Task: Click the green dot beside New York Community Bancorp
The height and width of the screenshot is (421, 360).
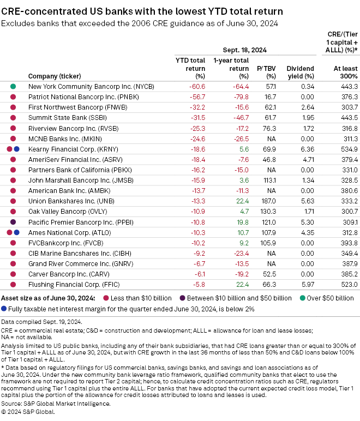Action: (13, 86)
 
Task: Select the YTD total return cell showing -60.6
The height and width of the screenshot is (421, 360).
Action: (196, 86)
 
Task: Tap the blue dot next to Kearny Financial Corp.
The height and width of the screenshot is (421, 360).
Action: (16, 149)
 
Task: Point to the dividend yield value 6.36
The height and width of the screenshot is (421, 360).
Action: (307, 149)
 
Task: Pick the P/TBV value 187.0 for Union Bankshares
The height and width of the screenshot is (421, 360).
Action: (269, 201)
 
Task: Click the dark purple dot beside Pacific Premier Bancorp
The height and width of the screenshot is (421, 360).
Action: (13, 222)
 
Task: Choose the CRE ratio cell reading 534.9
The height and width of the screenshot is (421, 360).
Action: (347, 149)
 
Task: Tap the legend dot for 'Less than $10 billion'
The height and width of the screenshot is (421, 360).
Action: (106, 298)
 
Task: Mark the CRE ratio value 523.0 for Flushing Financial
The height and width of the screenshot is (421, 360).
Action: (347, 285)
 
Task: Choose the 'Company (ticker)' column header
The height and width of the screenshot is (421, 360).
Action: (55, 76)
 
